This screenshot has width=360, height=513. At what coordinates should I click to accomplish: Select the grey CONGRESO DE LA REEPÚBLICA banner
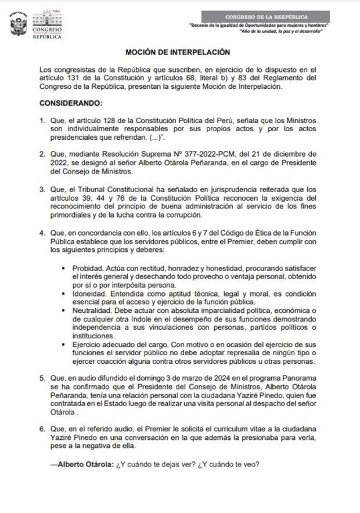click(267, 17)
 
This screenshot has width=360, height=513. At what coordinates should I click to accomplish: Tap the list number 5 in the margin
click(42, 378)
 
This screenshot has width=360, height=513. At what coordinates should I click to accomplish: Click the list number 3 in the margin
click(42, 189)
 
